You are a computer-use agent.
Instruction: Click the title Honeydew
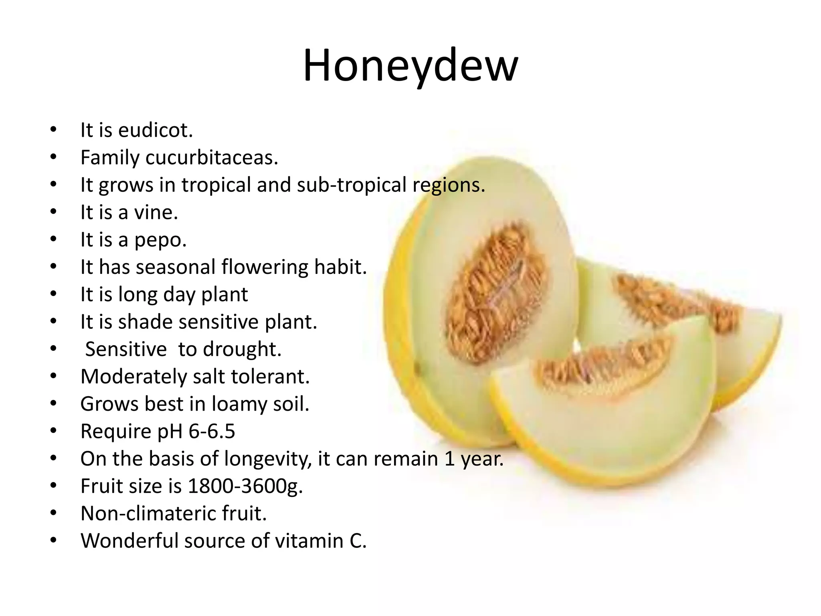[x=410, y=66]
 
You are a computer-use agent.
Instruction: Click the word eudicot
[x=155, y=130]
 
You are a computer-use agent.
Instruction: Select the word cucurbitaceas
[x=211, y=158]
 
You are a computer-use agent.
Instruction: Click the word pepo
[x=160, y=240]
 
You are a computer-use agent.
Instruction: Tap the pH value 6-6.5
[x=212, y=432]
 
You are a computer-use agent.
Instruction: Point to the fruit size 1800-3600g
[x=245, y=486]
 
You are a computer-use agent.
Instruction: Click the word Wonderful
[x=129, y=541]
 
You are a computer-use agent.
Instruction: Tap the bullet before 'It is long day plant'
[x=54, y=294]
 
